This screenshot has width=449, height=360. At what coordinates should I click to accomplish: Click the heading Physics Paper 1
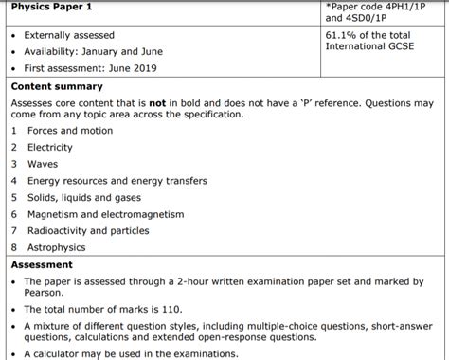50,7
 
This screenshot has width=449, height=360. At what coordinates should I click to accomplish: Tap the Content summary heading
57,87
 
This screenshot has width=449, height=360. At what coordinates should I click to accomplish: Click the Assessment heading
42,265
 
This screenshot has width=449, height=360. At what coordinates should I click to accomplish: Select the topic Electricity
50,148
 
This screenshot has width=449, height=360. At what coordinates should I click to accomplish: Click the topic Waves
43,165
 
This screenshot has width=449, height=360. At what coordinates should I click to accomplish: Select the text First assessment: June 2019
91,68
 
